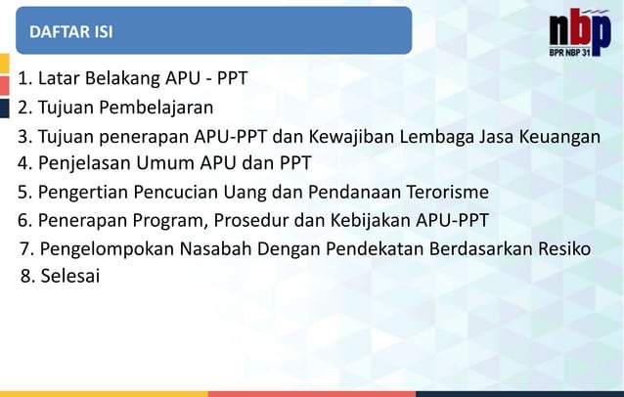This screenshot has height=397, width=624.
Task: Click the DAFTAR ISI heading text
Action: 71,32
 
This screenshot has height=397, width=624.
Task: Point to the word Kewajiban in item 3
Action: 345,136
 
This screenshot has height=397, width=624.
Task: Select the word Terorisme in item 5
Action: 448,192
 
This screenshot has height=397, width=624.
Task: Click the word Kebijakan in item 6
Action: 370,219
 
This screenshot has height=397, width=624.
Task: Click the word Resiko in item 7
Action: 564,248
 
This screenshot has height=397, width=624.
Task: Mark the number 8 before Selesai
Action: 25,276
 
